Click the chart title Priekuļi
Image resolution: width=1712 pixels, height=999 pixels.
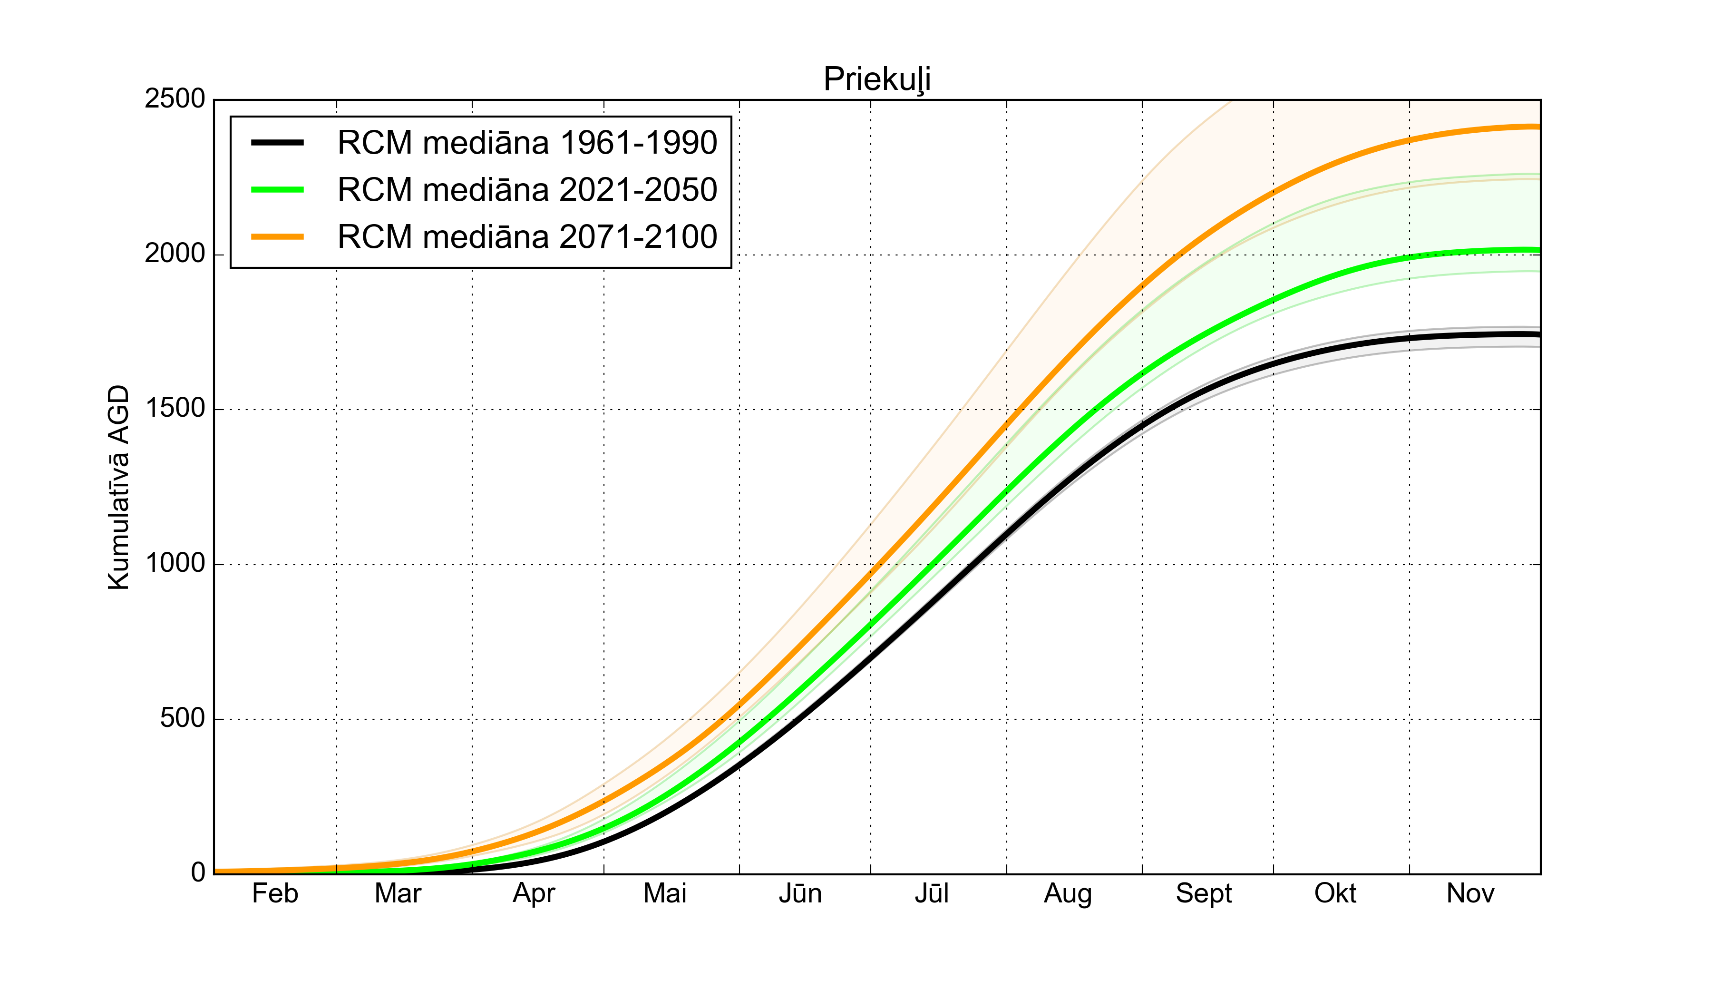point(876,79)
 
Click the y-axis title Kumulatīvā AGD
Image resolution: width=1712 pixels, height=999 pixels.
point(118,487)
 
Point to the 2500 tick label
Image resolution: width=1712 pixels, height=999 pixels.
point(175,99)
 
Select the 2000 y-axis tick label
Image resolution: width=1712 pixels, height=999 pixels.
point(175,254)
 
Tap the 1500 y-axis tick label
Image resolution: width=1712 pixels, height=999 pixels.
point(175,409)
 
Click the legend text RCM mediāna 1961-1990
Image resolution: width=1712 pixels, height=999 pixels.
point(527,143)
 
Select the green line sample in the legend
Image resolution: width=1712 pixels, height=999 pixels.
point(277,190)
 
